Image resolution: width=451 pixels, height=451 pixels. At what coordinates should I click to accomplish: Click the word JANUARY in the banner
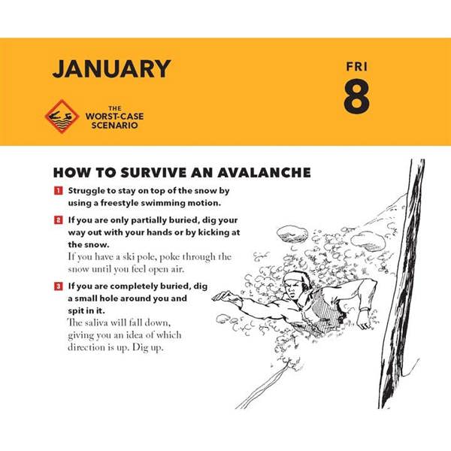click(x=111, y=68)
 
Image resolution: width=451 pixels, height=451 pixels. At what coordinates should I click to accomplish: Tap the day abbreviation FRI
click(x=356, y=67)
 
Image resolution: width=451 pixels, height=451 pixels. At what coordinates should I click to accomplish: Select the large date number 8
click(x=356, y=96)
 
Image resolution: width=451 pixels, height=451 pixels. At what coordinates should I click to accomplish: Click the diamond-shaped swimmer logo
click(x=62, y=117)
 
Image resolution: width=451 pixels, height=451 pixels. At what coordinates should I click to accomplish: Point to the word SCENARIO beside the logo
click(x=115, y=125)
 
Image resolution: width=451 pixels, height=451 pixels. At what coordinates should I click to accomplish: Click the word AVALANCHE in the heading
click(x=264, y=173)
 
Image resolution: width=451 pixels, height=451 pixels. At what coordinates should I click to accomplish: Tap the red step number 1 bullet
click(x=59, y=190)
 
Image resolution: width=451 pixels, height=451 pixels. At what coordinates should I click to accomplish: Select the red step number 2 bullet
click(x=59, y=220)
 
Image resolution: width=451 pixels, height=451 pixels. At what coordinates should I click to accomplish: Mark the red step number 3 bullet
click(x=59, y=286)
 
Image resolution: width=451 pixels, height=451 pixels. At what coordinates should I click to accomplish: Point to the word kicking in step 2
click(x=211, y=232)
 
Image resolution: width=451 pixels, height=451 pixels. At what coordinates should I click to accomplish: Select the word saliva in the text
click(x=96, y=322)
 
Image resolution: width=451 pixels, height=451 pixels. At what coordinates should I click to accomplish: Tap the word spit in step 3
click(x=74, y=311)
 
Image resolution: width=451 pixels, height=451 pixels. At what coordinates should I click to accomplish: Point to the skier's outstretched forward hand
click(x=224, y=296)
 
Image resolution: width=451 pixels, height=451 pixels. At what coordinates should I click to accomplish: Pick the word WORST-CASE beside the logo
click(x=114, y=117)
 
